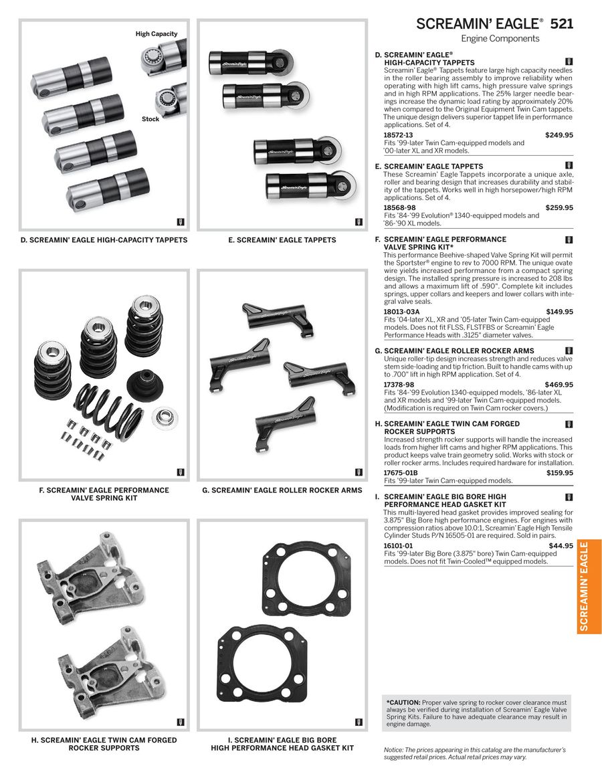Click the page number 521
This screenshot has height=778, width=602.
[x=562, y=24]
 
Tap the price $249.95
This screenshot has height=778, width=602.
[x=559, y=135]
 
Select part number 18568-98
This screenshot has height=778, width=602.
[x=399, y=208]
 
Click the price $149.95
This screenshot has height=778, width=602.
[x=559, y=312]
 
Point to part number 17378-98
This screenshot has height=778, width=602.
[x=399, y=385]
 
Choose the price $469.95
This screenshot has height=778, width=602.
[x=559, y=385]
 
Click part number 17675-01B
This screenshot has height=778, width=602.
[x=401, y=473]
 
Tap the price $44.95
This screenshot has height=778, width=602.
[x=561, y=546]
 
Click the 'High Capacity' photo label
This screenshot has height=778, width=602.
[x=157, y=33]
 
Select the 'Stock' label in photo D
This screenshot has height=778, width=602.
[x=150, y=119]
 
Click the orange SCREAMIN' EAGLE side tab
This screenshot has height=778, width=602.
[x=589, y=587]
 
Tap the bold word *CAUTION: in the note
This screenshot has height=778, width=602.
[x=403, y=702]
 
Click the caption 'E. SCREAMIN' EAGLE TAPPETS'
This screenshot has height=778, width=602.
[x=282, y=240]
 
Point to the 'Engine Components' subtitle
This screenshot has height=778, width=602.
[x=500, y=39]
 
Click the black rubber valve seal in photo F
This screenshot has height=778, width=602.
[x=144, y=385]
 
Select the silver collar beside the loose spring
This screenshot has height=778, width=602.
[x=165, y=417]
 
